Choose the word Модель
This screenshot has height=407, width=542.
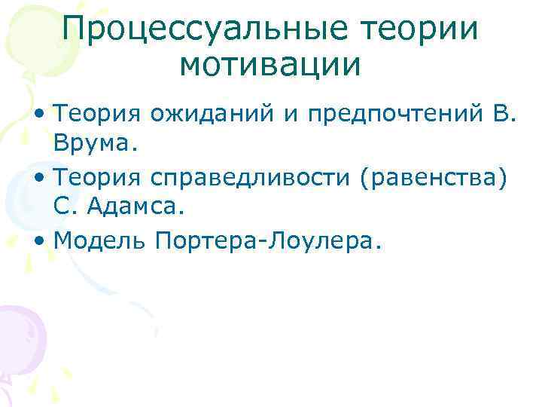click(99, 240)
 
